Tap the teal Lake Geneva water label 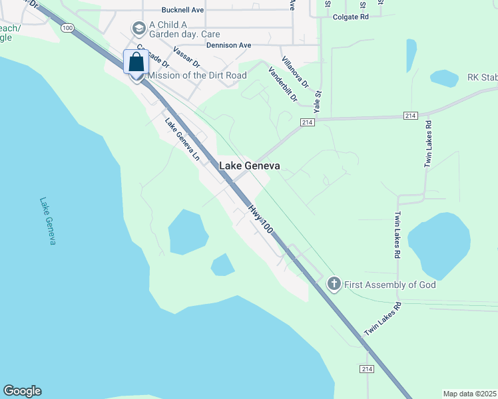pyautogui.click(x=47, y=221)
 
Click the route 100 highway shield pyautogui.click(x=67, y=28)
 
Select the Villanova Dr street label pyautogui.click(x=295, y=72)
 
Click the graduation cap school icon pyautogui.click(x=138, y=28)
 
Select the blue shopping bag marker pyautogui.click(x=136, y=62)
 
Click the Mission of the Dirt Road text pyautogui.click(x=192, y=75)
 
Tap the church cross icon pyautogui.click(x=334, y=285)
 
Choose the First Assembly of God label pyautogui.click(x=389, y=285)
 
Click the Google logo pyautogui.click(x=22, y=391)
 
